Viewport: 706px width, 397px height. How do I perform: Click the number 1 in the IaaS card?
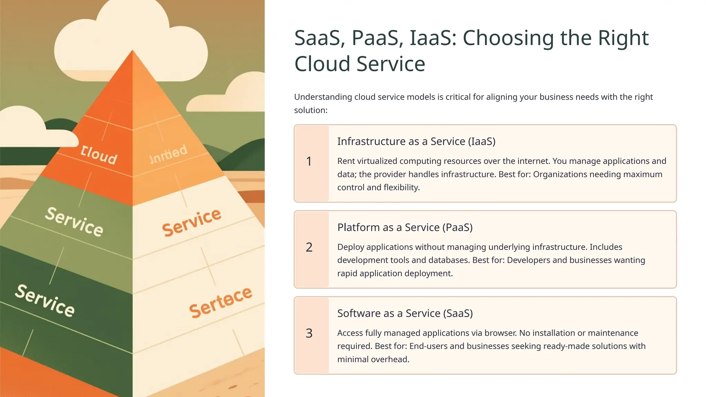point(309,161)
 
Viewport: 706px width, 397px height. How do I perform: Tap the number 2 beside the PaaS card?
point(309,247)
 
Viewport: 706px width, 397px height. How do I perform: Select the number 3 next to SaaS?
point(309,333)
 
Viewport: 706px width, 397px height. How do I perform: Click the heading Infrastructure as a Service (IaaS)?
point(416,141)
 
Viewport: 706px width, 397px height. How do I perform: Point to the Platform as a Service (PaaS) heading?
point(405,227)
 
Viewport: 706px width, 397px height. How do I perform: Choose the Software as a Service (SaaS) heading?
point(405,313)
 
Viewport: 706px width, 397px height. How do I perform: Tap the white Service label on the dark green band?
point(44,300)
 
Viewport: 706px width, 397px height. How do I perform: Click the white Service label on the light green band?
point(74,221)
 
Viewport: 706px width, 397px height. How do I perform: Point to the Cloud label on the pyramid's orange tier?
point(99,155)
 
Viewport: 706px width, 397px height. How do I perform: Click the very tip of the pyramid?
point(132,51)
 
